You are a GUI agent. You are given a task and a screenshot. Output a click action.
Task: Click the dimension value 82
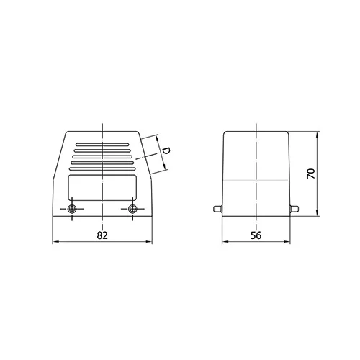pyautogui.click(x=102, y=235)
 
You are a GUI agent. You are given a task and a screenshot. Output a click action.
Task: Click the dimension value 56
pyautogui.click(x=256, y=235)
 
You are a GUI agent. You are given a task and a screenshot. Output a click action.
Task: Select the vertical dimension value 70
pyautogui.click(x=311, y=174)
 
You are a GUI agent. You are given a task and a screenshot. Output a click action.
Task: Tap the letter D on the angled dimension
pyautogui.click(x=166, y=150)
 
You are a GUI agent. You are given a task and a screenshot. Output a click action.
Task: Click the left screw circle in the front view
pyautogui.click(x=72, y=209)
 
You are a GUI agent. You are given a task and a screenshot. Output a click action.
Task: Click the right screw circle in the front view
pyautogui.click(x=132, y=209)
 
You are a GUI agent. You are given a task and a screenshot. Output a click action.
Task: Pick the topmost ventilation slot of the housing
pyautogui.click(x=102, y=145)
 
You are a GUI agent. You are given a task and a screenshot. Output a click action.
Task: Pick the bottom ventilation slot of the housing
pyautogui.click(x=102, y=169)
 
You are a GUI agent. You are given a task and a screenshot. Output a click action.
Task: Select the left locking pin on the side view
pyautogui.click(x=218, y=209)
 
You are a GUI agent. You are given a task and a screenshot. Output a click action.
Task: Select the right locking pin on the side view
pyautogui.click(x=294, y=209)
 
